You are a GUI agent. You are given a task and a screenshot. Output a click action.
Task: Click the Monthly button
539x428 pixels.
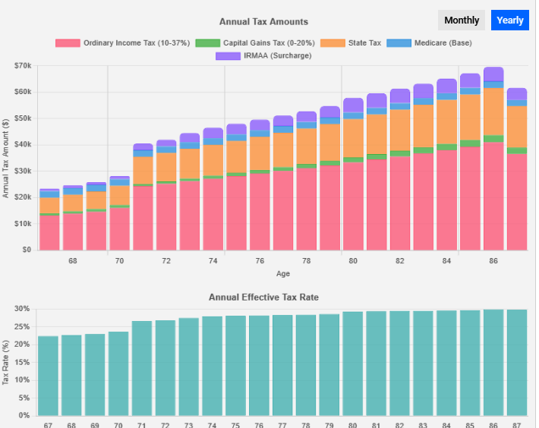[x=462, y=20]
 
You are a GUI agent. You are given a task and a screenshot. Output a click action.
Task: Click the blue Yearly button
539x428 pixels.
[x=510, y=20]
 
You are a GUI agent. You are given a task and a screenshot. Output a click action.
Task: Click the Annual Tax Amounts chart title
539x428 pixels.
[x=263, y=22]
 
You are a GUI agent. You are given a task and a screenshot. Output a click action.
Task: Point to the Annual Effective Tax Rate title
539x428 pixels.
[x=263, y=297]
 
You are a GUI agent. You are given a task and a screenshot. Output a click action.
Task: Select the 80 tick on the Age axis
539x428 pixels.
[x=353, y=261]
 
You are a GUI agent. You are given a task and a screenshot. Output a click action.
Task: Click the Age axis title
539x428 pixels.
[x=282, y=273]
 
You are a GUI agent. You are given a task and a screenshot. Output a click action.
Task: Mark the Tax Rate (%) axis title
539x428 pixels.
[x=6, y=361]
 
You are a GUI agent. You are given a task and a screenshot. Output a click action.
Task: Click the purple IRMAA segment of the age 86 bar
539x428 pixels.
[x=493, y=74]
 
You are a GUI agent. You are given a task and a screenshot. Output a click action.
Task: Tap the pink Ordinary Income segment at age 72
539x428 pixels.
[x=166, y=216]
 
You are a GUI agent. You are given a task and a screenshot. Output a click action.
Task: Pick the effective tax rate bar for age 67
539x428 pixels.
[x=48, y=376]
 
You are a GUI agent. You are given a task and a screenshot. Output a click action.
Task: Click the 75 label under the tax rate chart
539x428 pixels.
[x=235, y=423]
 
